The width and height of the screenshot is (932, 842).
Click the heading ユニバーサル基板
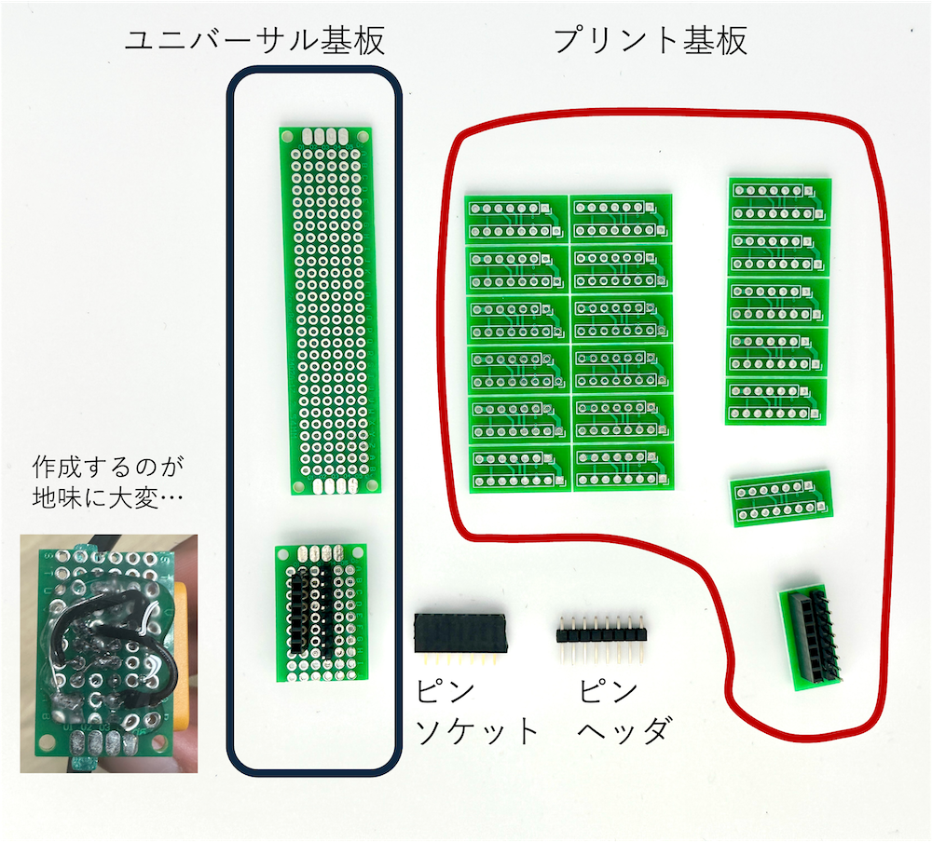[254, 40]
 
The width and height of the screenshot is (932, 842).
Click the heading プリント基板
[651, 40]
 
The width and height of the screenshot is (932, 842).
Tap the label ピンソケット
[476, 713]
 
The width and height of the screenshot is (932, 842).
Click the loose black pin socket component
[460, 634]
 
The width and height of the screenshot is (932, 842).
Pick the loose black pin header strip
[602, 635]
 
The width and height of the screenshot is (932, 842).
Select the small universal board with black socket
[322, 610]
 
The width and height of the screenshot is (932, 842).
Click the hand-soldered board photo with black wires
[109, 652]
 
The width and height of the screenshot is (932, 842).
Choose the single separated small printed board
[780, 499]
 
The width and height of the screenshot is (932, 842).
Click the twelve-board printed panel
[570, 344]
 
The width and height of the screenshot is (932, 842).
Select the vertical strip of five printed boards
[776, 301]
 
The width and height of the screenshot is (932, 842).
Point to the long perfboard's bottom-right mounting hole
[372, 485]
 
